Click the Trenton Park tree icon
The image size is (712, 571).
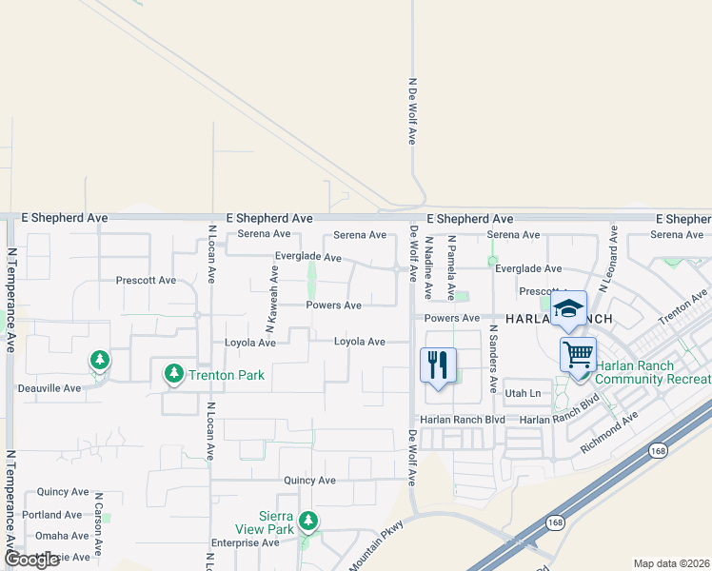[173, 374]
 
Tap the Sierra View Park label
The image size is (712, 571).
[265, 522]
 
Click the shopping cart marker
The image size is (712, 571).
[578, 355]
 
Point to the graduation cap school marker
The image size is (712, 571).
[568, 308]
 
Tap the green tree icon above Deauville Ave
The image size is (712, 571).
[99, 361]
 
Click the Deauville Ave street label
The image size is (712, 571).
[49, 388]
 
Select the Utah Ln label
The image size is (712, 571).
[523, 393]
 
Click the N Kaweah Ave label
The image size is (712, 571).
[270, 308]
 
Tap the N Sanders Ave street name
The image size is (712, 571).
[493, 358]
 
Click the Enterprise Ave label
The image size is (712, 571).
[244, 542]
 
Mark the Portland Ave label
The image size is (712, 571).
[52, 515]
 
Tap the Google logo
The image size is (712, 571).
[31, 560]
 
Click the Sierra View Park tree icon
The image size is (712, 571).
[307, 521]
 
